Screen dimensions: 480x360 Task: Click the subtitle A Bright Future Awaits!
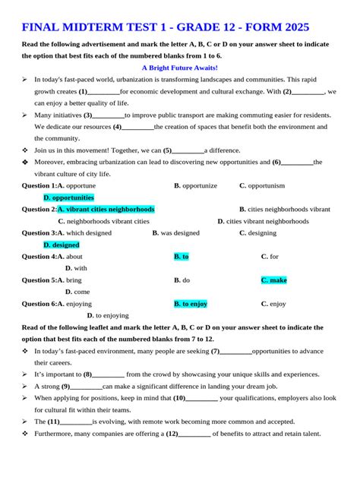point(180,67)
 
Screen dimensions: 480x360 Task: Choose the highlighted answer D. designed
point(62,245)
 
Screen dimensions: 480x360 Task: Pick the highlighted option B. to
point(182,257)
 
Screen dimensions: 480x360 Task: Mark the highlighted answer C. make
point(274,280)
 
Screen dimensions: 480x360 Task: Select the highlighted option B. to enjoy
point(191,304)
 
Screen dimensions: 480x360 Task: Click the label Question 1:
point(39,185)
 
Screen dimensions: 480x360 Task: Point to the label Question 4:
point(39,257)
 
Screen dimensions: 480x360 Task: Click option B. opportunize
point(195,185)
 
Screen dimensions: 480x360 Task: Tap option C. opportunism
point(262,185)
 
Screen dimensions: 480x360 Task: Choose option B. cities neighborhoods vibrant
point(285,209)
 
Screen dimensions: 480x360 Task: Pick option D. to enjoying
point(108,315)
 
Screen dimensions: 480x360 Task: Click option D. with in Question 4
point(76,268)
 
